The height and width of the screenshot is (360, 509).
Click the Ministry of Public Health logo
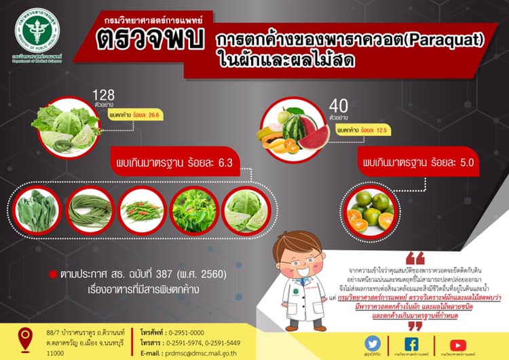(x=37, y=29)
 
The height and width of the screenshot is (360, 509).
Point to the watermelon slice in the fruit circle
(x=314, y=136)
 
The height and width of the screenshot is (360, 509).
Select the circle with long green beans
(x=90, y=211)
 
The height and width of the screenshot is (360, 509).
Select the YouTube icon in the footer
(x=459, y=343)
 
